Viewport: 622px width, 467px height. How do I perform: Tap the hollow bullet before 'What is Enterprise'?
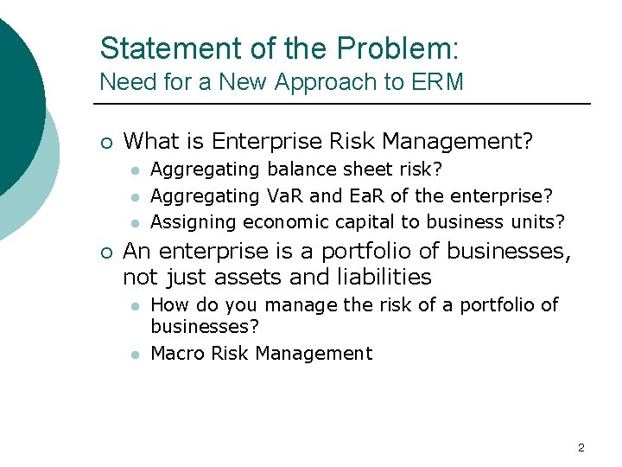[x=105, y=141]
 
